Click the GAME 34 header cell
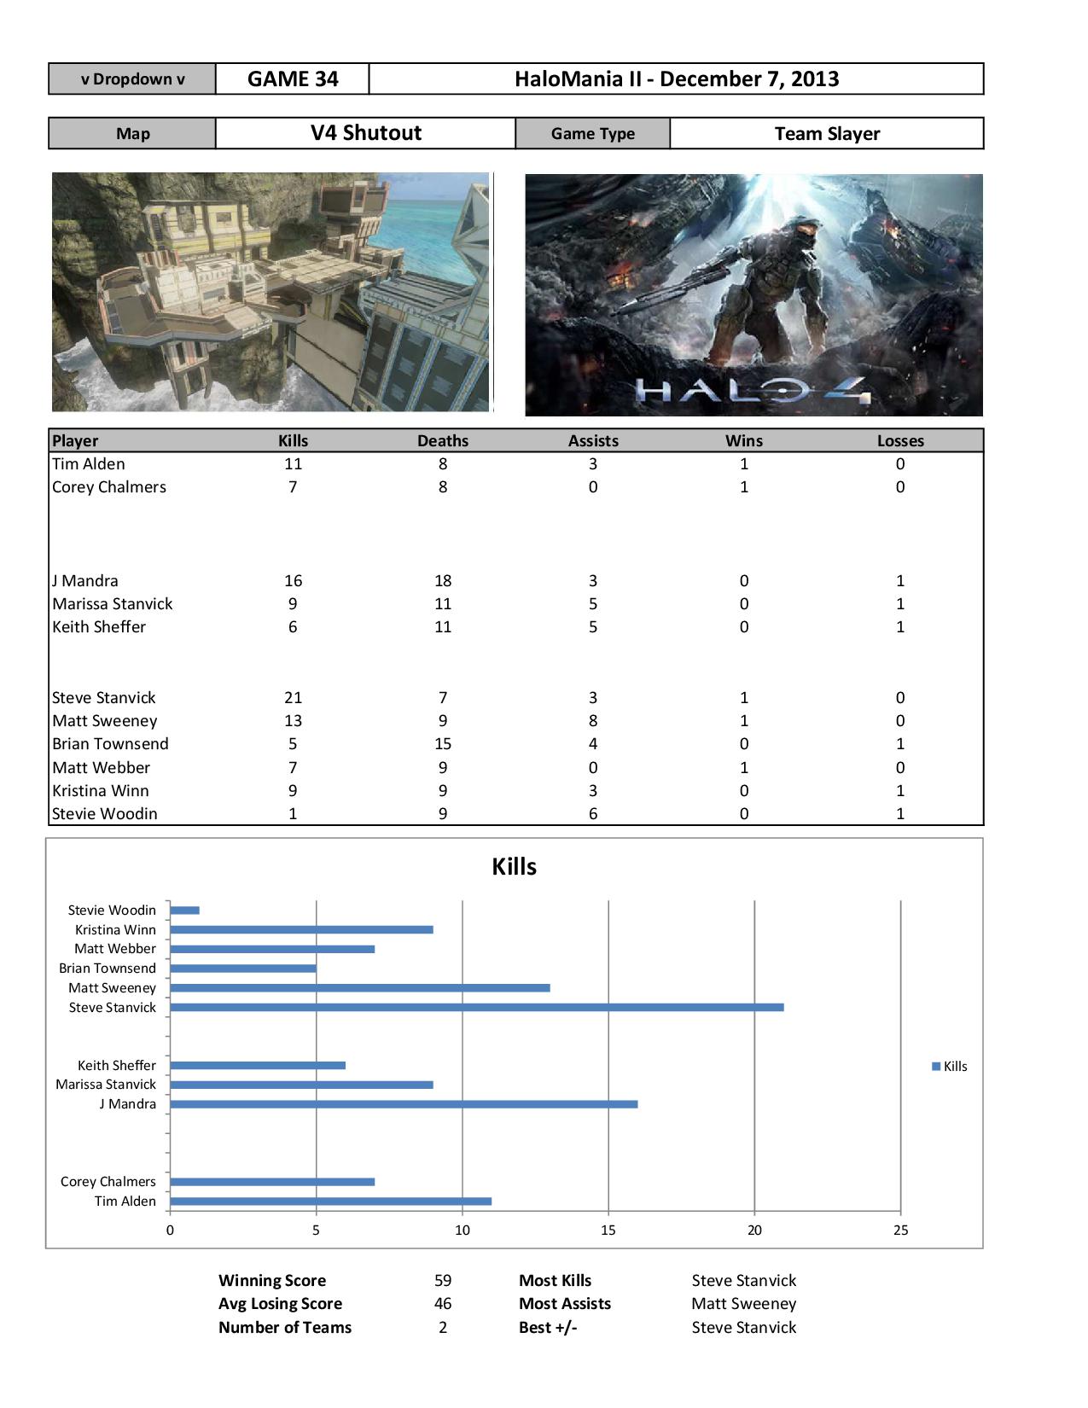pos(293,79)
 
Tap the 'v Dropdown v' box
pos(132,79)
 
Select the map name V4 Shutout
pos(365,133)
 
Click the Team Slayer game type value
pos(826,134)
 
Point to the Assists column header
pos(593,441)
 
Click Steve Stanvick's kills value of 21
pos(293,698)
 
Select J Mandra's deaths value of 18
pos(442,581)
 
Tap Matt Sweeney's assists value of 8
pos(593,721)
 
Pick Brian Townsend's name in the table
pos(110,744)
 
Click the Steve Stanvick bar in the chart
pos(476,1008)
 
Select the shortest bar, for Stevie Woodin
pos(184,911)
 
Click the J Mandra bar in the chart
pos(404,1104)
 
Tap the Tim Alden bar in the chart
pos(330,1201)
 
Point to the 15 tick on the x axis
pos(608,1231)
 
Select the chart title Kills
pos(514,867)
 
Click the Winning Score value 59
pos(442,1281)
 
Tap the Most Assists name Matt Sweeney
pos(743,1304)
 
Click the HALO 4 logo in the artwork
pos(753,392)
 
